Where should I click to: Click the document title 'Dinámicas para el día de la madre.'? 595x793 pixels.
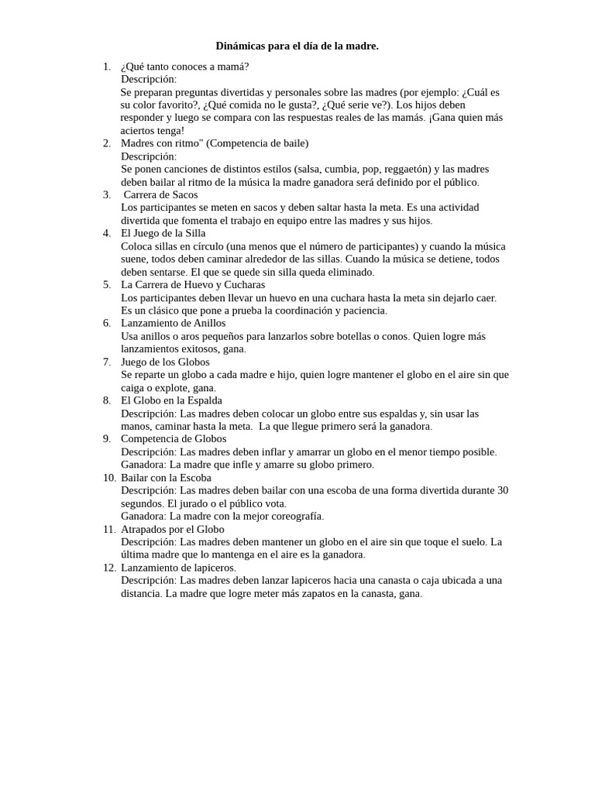(x=297, y=46)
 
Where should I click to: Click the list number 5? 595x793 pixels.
(x=107, y=284)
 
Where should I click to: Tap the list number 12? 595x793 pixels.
(x=109, y=568)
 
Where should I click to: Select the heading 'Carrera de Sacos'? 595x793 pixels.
(x=160, y=194)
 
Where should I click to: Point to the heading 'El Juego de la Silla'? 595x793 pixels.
(x=163, y=233)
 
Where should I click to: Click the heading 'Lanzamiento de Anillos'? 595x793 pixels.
(x=174, y=323)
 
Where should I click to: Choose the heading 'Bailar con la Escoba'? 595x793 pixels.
(x=166, y=477)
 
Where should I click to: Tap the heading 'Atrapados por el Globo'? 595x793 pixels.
(x=173, y=529)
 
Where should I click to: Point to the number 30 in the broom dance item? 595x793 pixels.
(x=502, y=490)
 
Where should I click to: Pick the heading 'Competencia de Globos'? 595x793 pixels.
(x=174, y=438)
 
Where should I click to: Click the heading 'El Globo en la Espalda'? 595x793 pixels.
(x=171, y=400)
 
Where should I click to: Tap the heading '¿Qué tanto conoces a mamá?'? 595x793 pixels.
(x=185, y=67)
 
